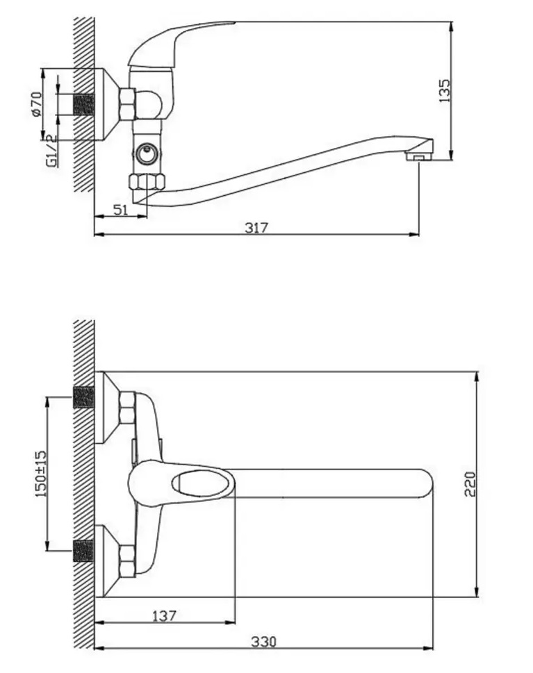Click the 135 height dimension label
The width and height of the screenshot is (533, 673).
(445, 90)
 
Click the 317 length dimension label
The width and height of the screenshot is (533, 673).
(256, 227)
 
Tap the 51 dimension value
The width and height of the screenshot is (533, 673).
(121, 210)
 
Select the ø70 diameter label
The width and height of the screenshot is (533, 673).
(37, 104)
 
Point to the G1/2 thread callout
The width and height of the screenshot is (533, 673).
(51, 151)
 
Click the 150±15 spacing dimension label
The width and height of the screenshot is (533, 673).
(41, 474)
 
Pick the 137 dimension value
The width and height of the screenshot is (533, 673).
(165, 616)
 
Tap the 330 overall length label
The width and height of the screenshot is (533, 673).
(263, 642)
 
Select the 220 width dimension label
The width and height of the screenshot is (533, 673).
(470, 483)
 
